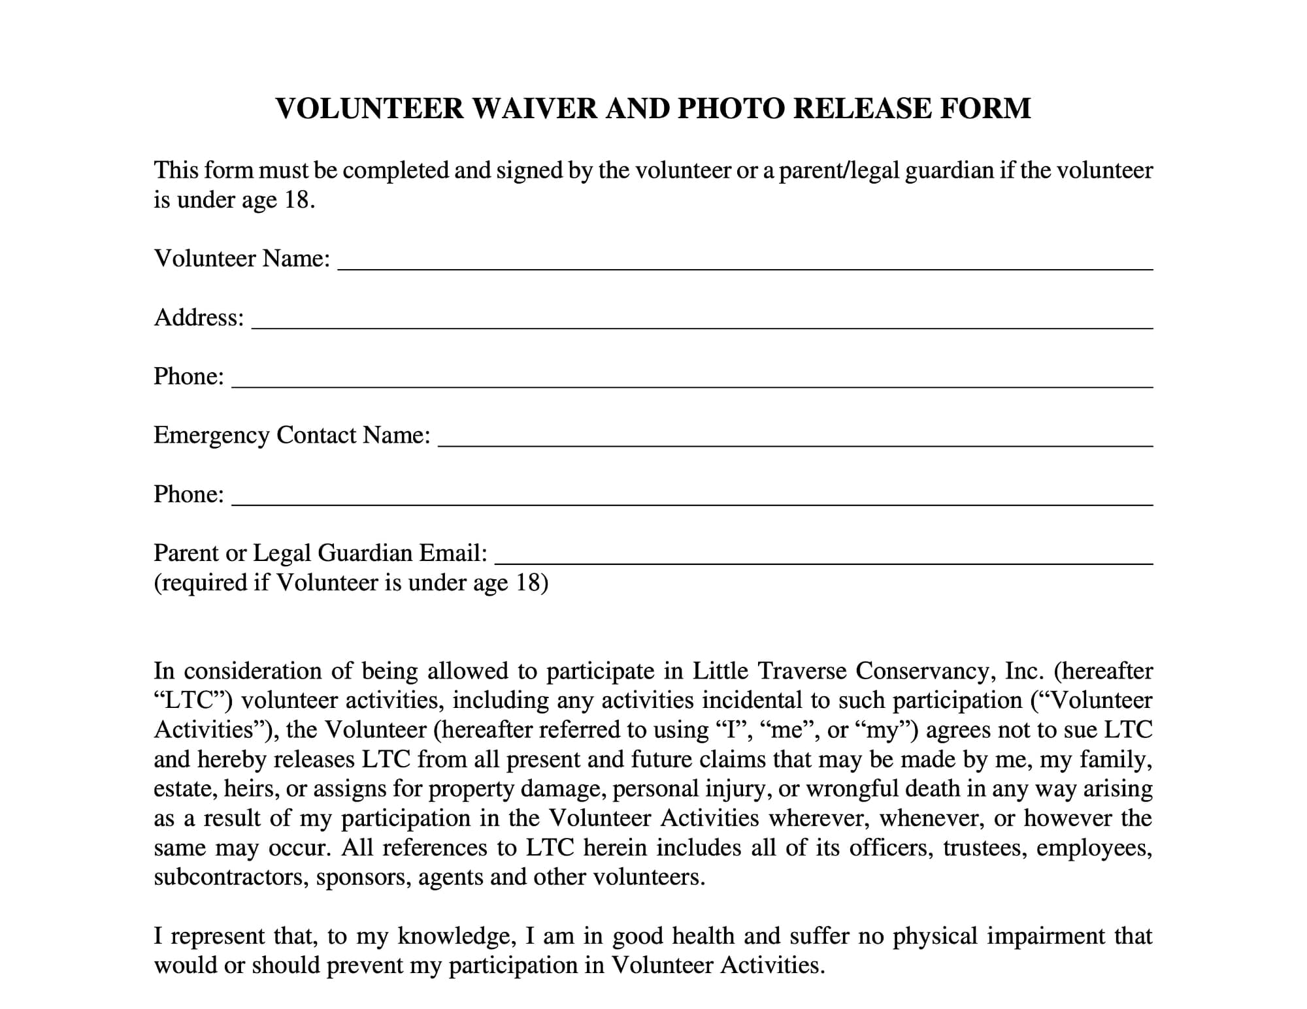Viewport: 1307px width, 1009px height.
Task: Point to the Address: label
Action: click(x=199, y=317)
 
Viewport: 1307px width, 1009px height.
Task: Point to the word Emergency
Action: click(x=211, y=436)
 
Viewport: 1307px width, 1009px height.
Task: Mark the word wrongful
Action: click(x=851, y=789)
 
